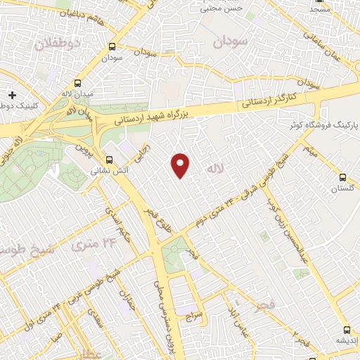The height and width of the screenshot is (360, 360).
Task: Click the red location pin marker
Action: click(181, 165)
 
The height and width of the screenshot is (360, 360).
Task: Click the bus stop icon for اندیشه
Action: click(347, 329)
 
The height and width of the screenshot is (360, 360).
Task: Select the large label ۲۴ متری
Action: click(92, 245)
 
